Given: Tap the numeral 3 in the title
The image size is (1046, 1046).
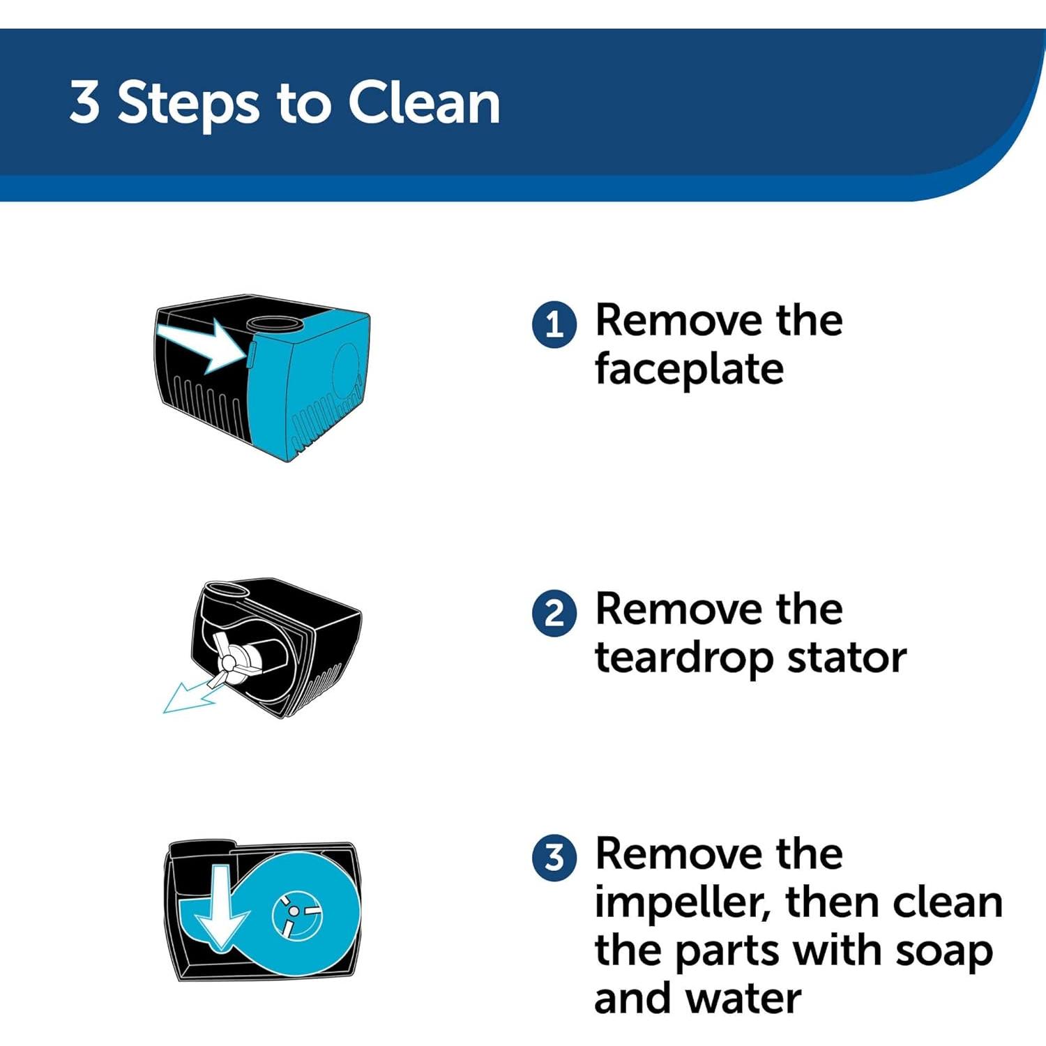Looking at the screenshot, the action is tap(84, 102).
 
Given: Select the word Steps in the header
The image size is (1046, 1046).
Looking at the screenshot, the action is tap(188, 105).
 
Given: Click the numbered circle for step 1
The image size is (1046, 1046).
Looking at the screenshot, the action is tap(554, 324).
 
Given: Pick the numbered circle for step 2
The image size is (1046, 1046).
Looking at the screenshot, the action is tap(554, 614).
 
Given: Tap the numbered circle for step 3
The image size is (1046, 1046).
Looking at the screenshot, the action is tap(554, 857).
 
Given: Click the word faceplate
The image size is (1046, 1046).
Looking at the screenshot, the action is tap(689, 370).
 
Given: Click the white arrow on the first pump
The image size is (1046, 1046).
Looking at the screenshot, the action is tap(202, 344).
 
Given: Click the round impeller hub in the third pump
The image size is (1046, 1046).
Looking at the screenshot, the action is tap(296, 914).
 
